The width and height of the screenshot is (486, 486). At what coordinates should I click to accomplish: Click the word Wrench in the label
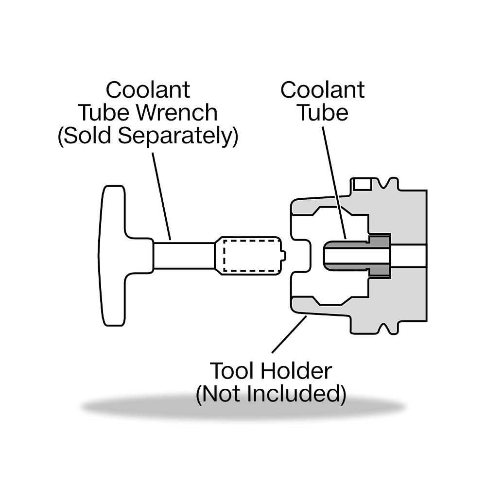(177, 113)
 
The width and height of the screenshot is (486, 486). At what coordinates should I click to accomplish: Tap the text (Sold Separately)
(148, 136)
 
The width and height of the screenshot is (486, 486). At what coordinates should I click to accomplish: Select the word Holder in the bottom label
(296, 371)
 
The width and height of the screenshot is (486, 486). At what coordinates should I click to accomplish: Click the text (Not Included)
(271, 394)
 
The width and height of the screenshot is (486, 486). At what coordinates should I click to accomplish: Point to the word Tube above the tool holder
(323, 113)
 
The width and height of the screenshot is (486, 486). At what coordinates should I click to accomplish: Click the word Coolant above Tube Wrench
(148, 90)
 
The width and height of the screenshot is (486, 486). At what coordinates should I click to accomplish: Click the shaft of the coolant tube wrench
(184, 256)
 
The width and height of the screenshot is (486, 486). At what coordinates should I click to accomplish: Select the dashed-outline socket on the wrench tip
(251, 256)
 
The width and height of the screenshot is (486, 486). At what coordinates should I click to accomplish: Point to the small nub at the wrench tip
(284, 256)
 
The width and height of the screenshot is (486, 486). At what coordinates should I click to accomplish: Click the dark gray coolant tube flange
(379, 256)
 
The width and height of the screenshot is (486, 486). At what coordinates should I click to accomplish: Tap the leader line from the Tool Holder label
(289, 334)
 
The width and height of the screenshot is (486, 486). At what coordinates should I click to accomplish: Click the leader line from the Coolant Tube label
(334, 183)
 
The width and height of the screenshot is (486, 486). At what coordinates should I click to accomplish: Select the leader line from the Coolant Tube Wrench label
(161, 196)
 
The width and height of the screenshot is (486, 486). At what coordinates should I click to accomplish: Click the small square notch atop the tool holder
(363, 184)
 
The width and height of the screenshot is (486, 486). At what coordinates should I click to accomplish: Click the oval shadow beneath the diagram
(243, 407)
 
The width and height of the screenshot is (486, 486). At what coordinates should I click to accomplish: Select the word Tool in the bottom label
(232, 371)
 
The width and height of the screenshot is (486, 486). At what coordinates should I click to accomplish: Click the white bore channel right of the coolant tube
(409, 256)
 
